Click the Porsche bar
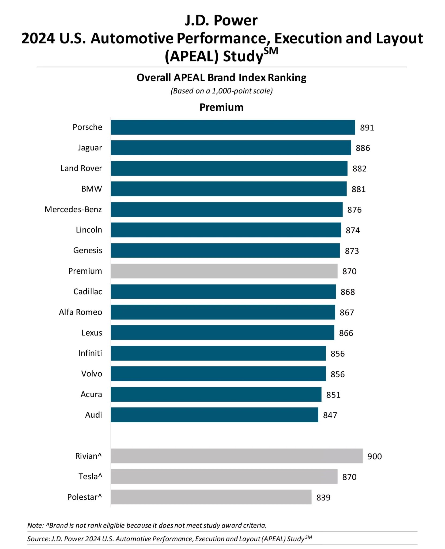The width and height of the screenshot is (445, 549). click(x=233, y=127)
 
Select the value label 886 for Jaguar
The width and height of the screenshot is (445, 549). click(x=363, y=148)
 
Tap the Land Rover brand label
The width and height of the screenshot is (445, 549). click(x=81, y=168)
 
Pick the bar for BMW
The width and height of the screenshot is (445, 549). click(x=228, y=189)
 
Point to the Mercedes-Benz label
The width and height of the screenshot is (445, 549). click(x=73, y=209)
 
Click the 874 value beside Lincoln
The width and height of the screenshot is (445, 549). click(x=353, y=230)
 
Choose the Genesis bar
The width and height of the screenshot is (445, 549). click(x=225, y=250)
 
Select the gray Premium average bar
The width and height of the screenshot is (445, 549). click(x=224, y=271)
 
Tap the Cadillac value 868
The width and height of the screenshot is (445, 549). click(x=348, y=292)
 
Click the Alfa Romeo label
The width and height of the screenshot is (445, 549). click(x=80, y=312)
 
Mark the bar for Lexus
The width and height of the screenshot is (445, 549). click(x=222, y=333)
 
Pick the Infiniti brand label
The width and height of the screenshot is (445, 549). click(x=90, y=353)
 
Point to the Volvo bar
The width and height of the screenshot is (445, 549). click(x=218, y=374)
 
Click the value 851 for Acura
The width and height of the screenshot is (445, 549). click(x=333, y=395)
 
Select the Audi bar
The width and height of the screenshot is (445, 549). click(x=214, y=415)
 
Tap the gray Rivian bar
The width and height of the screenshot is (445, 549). click(x=236, y=456)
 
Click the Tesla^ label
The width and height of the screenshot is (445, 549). click(x=90, y=477)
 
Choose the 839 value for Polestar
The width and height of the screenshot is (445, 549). click(x=323, y=498)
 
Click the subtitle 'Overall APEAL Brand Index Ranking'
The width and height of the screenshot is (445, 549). click(x=221, y=78)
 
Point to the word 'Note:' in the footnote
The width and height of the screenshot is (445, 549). click(x=35, y=525)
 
